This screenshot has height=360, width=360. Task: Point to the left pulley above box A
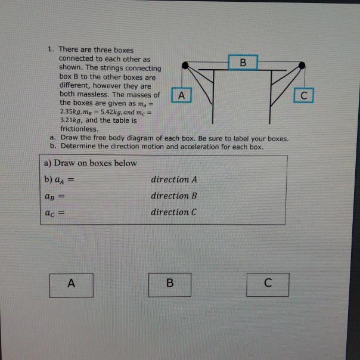coord(187,64)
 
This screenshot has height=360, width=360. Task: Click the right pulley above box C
coord(302,64)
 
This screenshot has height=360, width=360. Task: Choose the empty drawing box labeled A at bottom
coord(72,284)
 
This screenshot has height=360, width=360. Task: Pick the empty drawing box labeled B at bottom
coord(170,284)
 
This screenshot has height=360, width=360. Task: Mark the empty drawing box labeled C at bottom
coord(268,284)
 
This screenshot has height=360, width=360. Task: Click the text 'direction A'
coord(173,179)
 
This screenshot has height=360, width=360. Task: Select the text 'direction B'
coord(173,195)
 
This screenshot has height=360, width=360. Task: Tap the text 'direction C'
coord(173,212)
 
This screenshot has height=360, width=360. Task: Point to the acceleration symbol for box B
coord(53,196)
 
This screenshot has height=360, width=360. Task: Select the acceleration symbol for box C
coord(53,212)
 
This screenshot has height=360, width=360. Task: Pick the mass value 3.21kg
coord(70,120)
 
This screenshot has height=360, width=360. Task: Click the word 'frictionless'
coord(79,128)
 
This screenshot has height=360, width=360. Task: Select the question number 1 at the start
coord(51,50)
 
